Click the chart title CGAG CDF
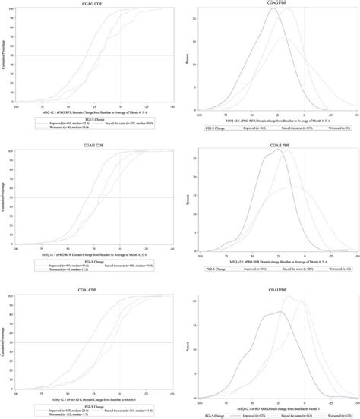point(95,4)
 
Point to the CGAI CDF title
point(95,288)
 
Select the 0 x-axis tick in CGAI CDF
point(120,392)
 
